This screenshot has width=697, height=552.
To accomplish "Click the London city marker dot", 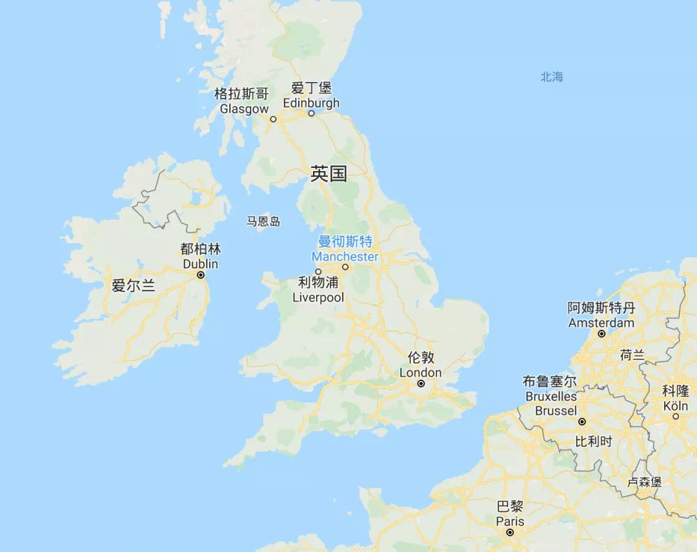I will [421, 383].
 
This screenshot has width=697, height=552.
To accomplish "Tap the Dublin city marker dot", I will [201, 275].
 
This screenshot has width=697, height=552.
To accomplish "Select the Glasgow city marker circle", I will [273, 119].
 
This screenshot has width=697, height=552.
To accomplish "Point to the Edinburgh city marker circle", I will [311, 114].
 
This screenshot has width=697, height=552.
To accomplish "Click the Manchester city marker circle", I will [345, 267].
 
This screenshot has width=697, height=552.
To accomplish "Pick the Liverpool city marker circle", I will [318, 272].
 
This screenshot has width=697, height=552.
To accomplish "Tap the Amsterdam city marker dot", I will [601, 334].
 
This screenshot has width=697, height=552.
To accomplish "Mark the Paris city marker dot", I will [510, 533].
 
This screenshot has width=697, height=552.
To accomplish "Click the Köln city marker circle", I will [676, 416].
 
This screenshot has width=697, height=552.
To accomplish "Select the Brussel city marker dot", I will [581, 422].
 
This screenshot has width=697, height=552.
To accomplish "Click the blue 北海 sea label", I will [552, 77].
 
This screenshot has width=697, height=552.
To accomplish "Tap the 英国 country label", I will [328, 174].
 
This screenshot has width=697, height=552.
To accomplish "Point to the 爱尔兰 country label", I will [134, 285].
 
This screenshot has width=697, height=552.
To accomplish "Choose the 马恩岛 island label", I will [263, 222].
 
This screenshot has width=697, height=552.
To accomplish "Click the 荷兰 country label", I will [632, 354].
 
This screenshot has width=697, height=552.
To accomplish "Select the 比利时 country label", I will [594, 442].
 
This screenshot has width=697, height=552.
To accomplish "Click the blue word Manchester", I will [345, 256].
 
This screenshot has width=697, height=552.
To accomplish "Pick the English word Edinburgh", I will [311, 103].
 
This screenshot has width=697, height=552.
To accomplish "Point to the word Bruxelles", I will [551, 396].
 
